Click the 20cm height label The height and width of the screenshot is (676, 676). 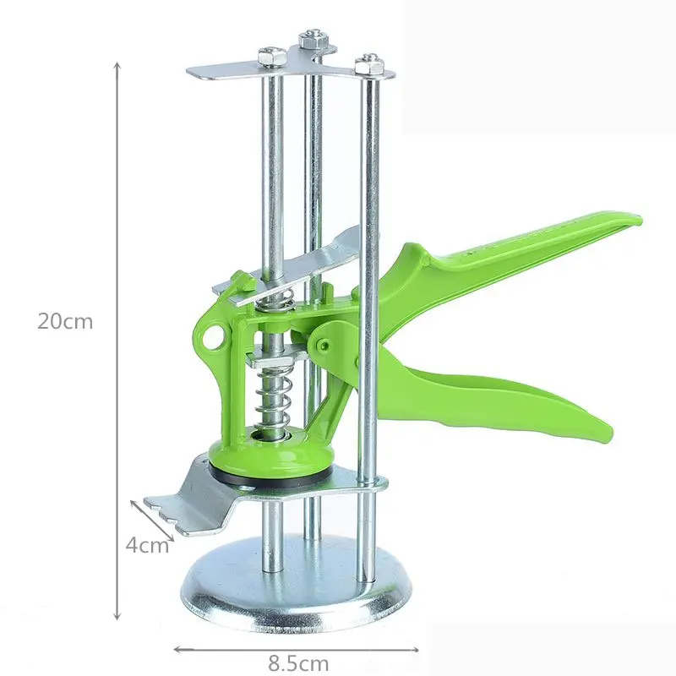(65, 322)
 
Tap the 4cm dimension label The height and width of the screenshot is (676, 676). (147, 546)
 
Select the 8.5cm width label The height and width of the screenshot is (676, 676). (298, 663)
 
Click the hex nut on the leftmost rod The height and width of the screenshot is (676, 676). (272, 57)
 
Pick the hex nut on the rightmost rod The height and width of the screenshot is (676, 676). (369, 65)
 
